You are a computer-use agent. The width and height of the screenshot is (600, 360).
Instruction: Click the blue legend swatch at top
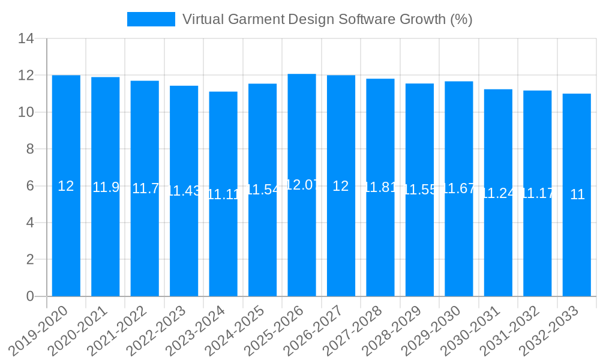tap(151, 19)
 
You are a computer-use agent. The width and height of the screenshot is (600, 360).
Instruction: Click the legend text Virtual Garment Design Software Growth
tap(327, 19)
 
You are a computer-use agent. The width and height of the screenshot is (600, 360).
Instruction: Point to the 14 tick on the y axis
tap(26, 39)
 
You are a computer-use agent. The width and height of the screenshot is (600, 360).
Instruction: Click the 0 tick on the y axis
tap(30, 296)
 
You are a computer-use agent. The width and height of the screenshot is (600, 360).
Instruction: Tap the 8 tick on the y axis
tap(30, 149)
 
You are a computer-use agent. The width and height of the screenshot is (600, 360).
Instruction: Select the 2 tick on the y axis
tap(30, 260)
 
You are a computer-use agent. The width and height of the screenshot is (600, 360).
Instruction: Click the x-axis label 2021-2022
tap(118, 329)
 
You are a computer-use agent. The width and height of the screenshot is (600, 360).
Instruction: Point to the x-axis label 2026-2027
tap(314, 329)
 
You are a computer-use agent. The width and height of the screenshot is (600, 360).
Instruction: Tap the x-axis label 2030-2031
tap(471, 329)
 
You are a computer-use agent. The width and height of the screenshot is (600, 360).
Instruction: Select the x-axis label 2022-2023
tap(157, 329)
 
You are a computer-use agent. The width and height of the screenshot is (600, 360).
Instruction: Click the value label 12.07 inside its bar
tap(302, 185)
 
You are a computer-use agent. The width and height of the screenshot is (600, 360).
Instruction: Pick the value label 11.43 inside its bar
tap(184, 191)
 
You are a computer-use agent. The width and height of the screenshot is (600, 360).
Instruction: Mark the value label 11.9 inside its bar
tap(106, 187)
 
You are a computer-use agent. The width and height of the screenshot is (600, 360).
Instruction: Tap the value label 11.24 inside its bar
tap(498, 193)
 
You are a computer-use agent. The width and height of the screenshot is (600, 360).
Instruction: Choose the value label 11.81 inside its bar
tap(380, 187)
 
